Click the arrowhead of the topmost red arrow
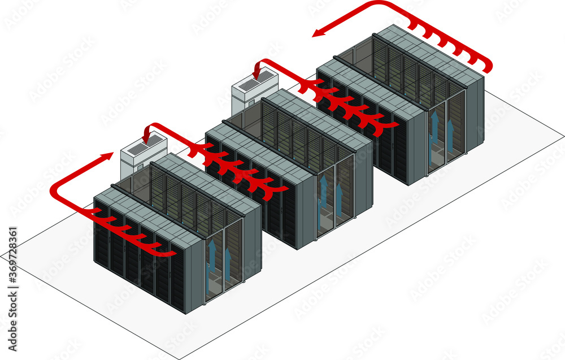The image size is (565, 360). tap(318, 33)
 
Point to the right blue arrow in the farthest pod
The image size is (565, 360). tap(450, 132)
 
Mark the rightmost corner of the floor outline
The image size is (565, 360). tap(563, 136)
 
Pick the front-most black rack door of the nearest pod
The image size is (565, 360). tap(176, 283)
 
